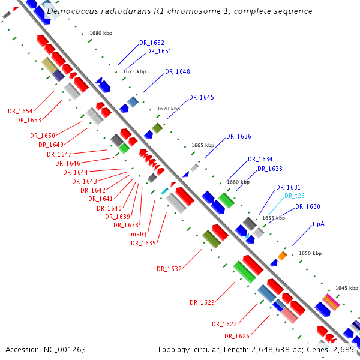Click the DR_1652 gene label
pyautogui.click(x=152, y=43)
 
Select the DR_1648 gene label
pyautogui.click(x=178, y=71)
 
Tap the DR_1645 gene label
pyautogui.click(x=202, y=97)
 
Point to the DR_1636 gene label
pyautogui.click(x=239, y=136)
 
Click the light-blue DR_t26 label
pyautogui.click(x=295, y=196)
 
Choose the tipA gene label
pyautogui.click(x=318, y=224)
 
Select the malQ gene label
pyautogui.click(x=139, y=234)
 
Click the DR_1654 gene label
pyautogui.click(x=20, y=111)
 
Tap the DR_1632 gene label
pyautogui.click(x=169, y=269)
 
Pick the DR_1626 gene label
pyautogui.click(x=237, y=336)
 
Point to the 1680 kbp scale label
pyautogui.click(x=100, y=34)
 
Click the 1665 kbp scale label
pyautogui.click(x=203, y=145)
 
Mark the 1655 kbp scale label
pyautogui.click(x=274, y=218)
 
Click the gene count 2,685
pyautogui.click(x=344, y=349)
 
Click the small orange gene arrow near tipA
pyautogui.click(x=282, y=256)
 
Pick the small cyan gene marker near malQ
pyautogui.click(x=164, y=191)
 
